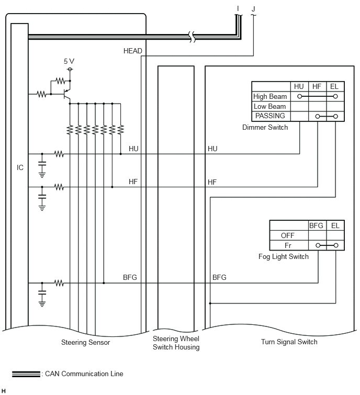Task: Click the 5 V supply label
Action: click(69, 61)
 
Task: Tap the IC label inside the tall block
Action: click(20, 167)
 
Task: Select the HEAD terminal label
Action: click(133, 51)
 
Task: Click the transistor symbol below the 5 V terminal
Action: click(67, 94)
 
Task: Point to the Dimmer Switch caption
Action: click(265, 127)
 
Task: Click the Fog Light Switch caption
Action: click(284, 256)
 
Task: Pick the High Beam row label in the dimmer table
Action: click(270, 96)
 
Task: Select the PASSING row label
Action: click(270, 116)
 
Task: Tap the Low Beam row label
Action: click(269, 106)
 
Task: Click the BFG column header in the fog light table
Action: click(316, 225)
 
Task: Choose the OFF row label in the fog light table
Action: click(287, 235)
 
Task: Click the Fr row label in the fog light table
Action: click(288, 245)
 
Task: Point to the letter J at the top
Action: click(253, 9)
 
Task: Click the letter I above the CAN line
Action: click(238, 9)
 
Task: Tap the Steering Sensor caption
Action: click(85, 342)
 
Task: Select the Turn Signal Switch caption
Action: click(289, 342)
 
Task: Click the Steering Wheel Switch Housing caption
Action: click(176, 343)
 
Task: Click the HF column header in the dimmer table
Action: click(317, 86)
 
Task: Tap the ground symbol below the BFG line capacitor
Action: click(42, 303)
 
